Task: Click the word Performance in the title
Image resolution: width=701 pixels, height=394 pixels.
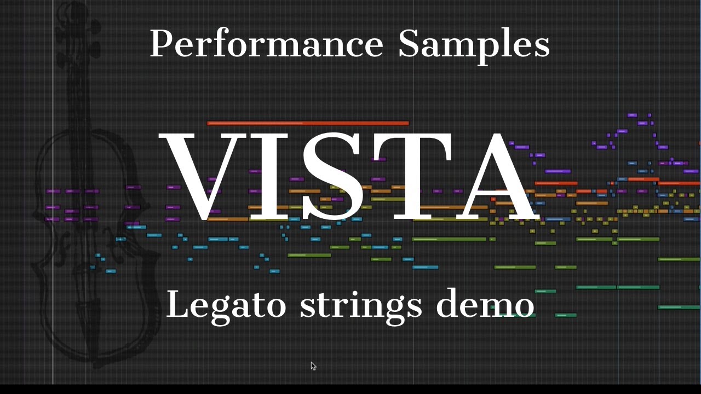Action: click(x=266, y=44)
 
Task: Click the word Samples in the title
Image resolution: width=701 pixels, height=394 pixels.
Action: click(x=474, y=44)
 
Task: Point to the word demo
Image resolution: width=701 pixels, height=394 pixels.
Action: click(x=485, y=304)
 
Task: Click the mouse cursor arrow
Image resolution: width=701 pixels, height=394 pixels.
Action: click(x=313, y=366)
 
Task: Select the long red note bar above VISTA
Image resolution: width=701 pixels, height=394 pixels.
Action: click(x=308, y=123)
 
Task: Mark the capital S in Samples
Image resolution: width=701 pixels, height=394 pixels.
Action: click(x=408, y=44)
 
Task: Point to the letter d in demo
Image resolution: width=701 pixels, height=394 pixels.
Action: click(x=447, y=303)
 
